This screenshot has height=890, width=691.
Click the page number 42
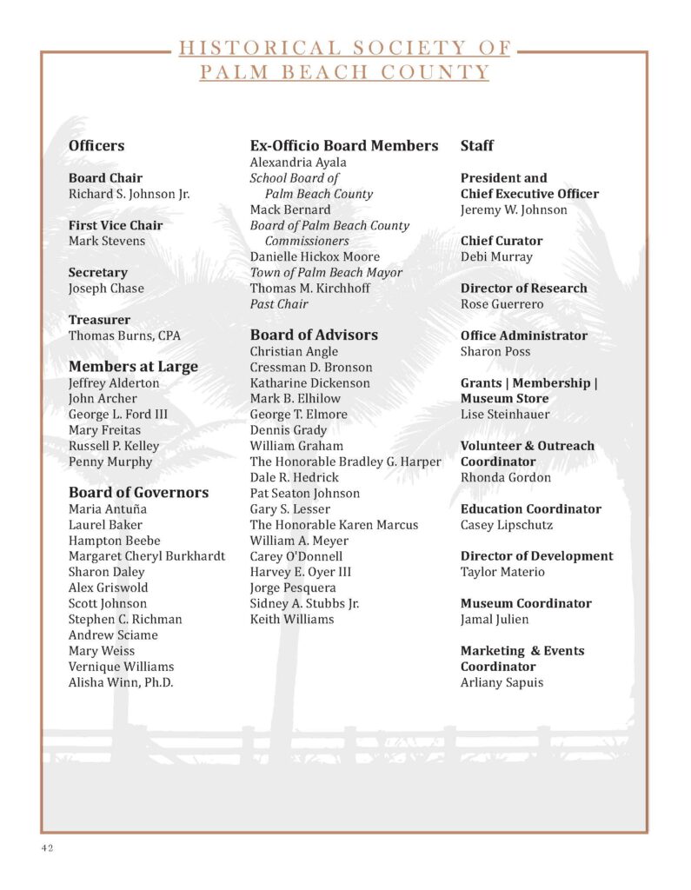point(46,848)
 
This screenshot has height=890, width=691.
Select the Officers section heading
point(96,146)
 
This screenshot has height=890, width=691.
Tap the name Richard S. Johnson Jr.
point(129,194)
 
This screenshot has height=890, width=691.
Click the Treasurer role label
point(98,320)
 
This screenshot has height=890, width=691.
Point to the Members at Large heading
point(133,367)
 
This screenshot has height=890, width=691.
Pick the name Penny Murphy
point(110,462)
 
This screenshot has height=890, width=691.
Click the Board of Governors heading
point(138,493)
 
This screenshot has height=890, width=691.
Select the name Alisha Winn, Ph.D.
point(121,682)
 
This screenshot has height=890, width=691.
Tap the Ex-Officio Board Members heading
point(344,146)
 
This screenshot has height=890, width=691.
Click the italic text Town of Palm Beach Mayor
point(326,273)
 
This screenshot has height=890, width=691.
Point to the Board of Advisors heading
point(314,335)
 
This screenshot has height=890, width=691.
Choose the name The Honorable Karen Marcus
point(334,525)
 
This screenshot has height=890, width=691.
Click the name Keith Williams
point(292,620)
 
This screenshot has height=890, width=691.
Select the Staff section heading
point(477,146)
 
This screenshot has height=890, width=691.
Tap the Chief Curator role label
point(502,241)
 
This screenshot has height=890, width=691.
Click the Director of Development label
point(536,556)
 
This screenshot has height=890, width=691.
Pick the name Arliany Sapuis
point(502,682)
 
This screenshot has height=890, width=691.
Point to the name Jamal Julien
point(495,620)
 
